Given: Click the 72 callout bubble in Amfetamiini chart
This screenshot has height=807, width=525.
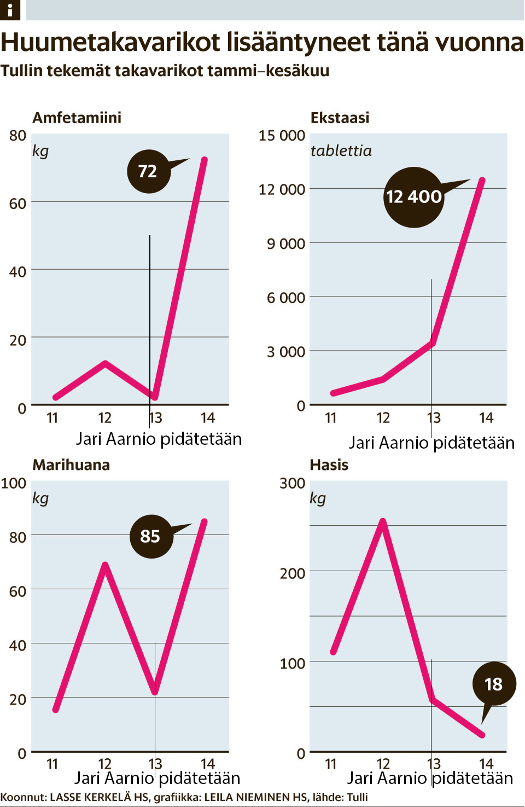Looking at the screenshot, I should (x=148, y=171).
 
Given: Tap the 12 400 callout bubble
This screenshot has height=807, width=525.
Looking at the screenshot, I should (x=413, y=197).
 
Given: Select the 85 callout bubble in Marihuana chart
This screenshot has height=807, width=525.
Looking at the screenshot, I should (x=151, y=536).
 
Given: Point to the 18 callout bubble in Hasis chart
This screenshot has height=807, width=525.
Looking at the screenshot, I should (x=493, y=684).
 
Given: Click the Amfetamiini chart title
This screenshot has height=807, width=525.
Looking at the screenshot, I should (x=77, y=118).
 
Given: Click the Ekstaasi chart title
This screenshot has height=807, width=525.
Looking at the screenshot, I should (x=340, y=118).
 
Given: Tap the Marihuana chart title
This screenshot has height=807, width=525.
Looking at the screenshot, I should (x=71, y=465).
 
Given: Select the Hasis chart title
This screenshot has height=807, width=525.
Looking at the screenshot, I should (x=329, y=465).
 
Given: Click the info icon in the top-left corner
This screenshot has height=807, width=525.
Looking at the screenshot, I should (x=10, y=10).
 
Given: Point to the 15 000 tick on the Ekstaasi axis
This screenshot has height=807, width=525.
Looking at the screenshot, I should (x=282, y=135).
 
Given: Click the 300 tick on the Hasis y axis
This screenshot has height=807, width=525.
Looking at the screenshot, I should (x=292, y=483).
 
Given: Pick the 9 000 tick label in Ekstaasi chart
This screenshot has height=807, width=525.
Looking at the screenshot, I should (x=285, y=243).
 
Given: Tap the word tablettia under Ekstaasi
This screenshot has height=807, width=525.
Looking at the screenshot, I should (x=341, y=151).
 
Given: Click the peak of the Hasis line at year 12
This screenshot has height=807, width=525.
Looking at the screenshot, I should (x=383, y=521).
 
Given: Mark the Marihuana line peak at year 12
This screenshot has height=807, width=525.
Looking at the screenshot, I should (x=105, y=565).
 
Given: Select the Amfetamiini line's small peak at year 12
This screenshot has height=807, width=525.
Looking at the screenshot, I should (x=105, y=363).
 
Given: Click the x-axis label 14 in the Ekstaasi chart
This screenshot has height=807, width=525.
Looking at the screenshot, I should (x=486, y=418).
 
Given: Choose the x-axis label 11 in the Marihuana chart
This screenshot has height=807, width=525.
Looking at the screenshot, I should (x=52, y=764).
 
